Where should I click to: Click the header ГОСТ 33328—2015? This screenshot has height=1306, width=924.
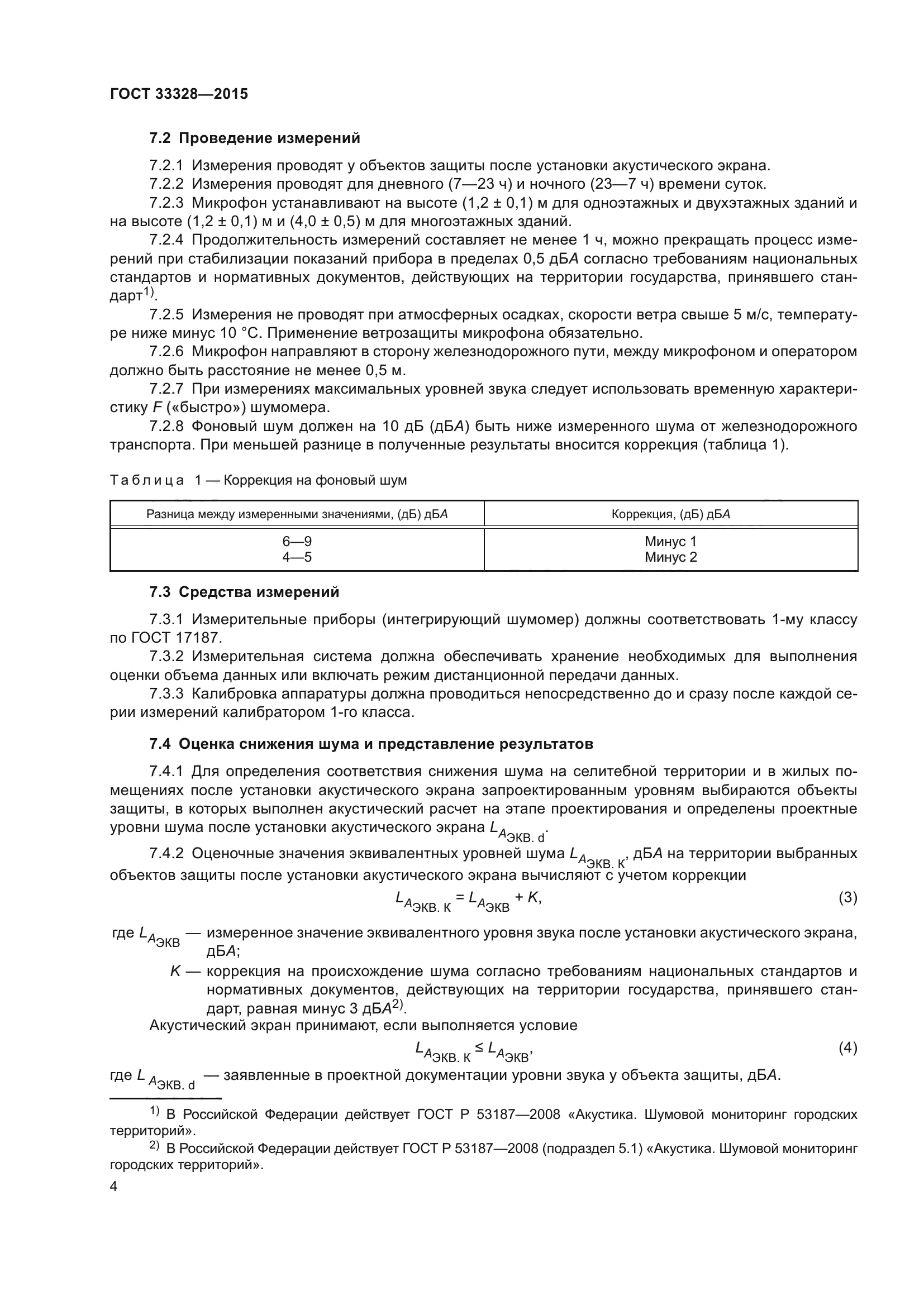coord(179,94)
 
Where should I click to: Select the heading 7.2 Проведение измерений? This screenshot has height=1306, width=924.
coord(254,138)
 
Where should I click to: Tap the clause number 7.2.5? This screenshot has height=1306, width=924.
coord(166,314)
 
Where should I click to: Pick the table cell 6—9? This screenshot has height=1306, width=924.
coord(297,542)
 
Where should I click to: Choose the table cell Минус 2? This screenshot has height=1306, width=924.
coord(670,557)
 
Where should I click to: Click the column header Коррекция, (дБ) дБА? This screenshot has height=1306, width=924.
coord(670,514)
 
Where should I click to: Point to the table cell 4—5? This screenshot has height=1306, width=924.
coord(297,557)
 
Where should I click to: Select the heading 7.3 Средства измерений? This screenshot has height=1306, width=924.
coord(244,592)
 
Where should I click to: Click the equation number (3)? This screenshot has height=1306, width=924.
coord(848,898)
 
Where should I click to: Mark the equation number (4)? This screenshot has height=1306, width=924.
coord(848,1047)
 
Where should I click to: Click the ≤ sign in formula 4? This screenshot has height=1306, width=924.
coord(479,1047)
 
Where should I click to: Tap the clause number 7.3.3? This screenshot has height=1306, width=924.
coord(166,694)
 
